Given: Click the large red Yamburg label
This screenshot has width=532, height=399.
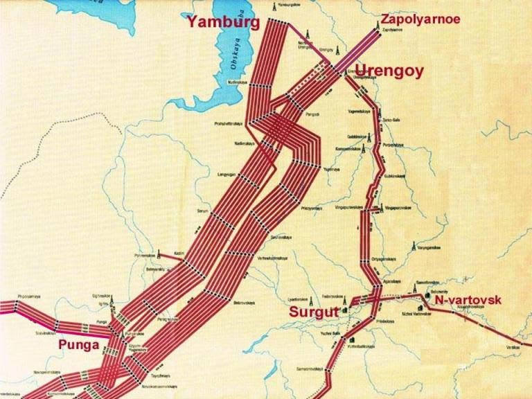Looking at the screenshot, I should coord(222,22).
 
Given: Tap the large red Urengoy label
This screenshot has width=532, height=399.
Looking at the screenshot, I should coord(389,69).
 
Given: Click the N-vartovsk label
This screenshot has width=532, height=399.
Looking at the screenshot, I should coord(467,301).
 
